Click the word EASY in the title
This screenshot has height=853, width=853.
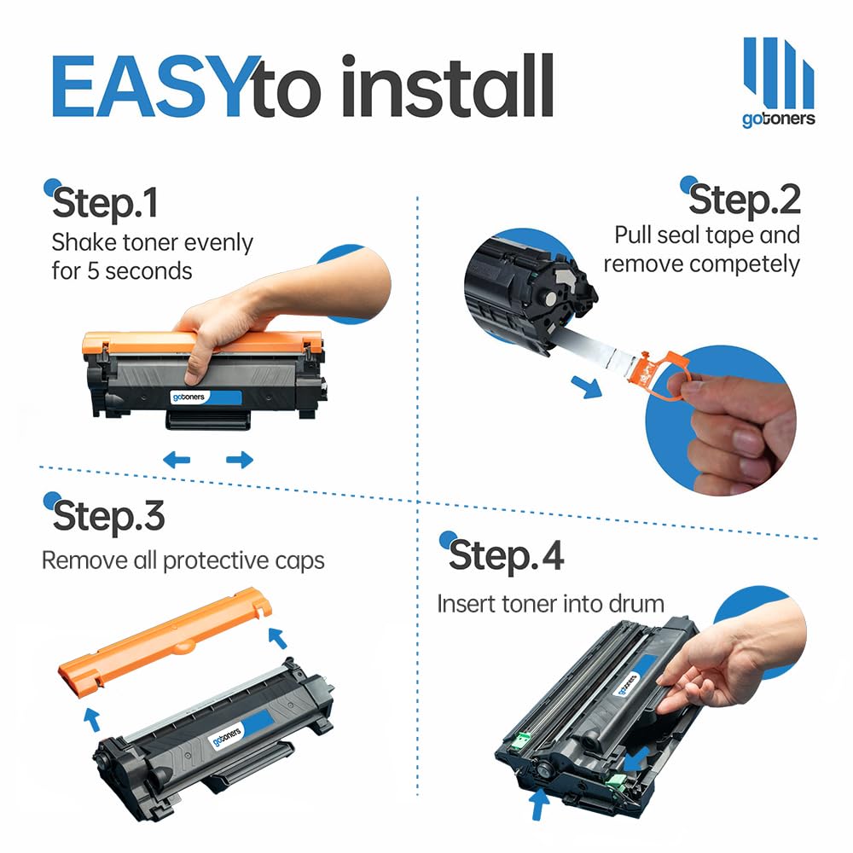(x=148, y=86)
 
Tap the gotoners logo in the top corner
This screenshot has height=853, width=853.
(x=779, y=82)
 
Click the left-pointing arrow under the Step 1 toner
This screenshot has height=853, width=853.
(x=177, y=460)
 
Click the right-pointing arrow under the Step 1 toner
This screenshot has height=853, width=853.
(x=240, y=460)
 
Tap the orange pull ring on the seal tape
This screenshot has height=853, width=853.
(x=661, y=375)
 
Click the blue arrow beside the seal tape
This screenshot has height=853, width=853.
(x=587, y=386)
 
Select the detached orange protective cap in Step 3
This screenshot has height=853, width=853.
(x=165, y=642)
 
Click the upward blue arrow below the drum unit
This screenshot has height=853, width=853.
(x=538, y=804)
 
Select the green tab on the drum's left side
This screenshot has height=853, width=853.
(x=522, y=740)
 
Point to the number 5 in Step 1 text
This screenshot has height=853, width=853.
(x=93, y=271)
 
